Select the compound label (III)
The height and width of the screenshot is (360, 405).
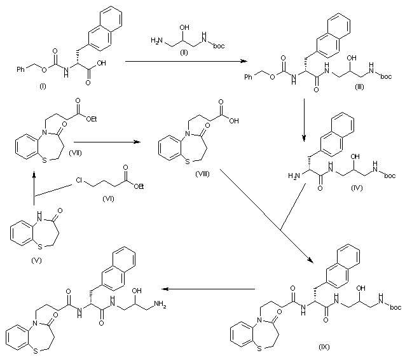coord(359,92)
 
